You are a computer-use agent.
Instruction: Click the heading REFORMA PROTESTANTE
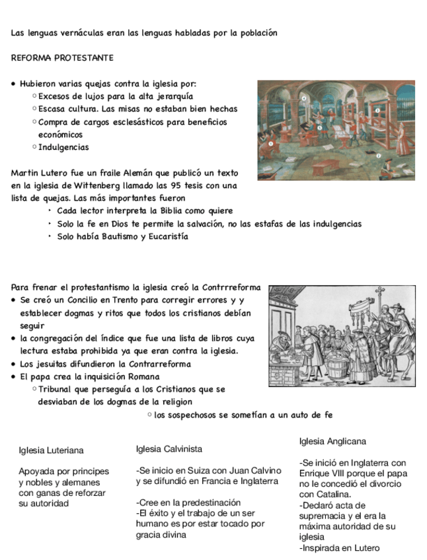[62, 58]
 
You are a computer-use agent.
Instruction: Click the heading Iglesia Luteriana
[51, 450]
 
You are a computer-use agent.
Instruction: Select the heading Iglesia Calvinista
[169, 449]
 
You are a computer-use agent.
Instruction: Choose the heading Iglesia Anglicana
[332, 441]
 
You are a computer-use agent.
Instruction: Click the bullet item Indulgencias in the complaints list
[63, 147]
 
